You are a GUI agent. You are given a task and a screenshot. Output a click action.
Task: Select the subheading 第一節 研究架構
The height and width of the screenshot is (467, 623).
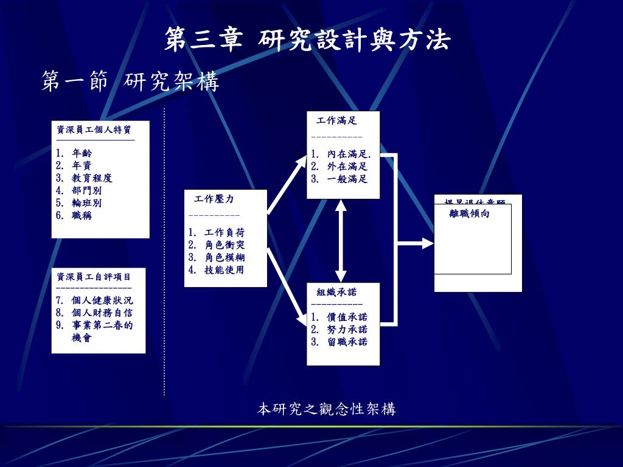click(x=130, y=81)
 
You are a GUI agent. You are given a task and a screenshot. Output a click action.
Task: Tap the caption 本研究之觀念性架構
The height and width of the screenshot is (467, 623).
click(x=326, y=409)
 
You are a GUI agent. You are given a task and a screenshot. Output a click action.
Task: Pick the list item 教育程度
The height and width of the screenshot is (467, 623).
click(x=92, y=178)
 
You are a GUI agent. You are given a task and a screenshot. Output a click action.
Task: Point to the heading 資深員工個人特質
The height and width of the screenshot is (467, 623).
click(x=94, y=130)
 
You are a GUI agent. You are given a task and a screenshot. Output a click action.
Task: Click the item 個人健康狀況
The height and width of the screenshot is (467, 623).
click(x=102, y=300)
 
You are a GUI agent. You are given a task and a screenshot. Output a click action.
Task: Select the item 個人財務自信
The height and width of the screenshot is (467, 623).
click(x=102, y=313)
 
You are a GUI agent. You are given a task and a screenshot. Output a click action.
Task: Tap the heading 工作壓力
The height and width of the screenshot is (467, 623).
click(x=214, y=199)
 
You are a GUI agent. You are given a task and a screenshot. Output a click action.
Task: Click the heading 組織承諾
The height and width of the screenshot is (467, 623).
click(x=336, y=292)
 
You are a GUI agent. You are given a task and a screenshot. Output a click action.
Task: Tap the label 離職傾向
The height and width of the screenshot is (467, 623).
click(x=470, y=213)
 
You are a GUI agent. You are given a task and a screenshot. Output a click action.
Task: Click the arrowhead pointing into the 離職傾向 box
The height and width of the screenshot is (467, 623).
click(x=428, y=244)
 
